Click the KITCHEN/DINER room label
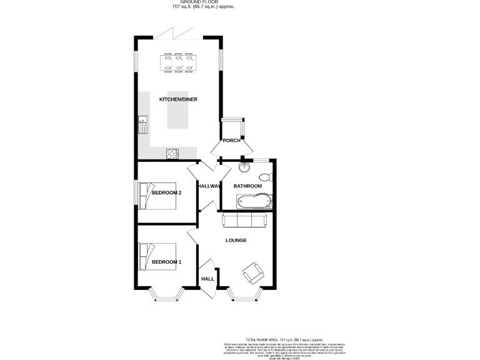(174, 100)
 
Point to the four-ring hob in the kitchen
(172, 152)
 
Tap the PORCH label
(232, 141)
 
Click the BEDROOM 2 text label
(166, 192)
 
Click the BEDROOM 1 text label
(166, 261)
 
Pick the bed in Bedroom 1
(149, 256)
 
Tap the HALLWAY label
(209, 186)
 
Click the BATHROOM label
(247, 186)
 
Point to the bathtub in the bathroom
(253, 201)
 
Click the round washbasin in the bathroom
(245, 167)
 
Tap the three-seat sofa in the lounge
(244, 220)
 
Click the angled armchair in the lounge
(253, 272)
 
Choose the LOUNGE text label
(236, 240)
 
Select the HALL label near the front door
(207, 279)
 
